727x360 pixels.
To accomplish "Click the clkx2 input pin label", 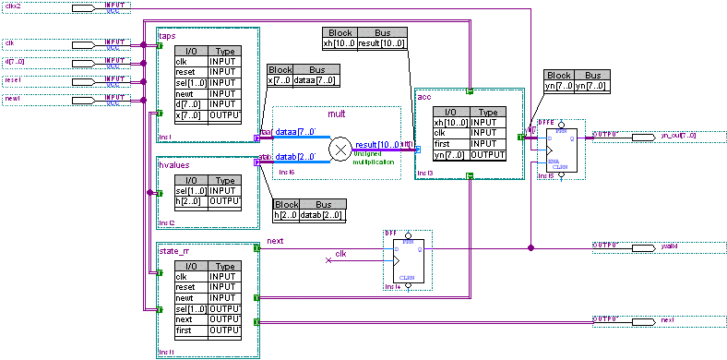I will [x=13, y=6].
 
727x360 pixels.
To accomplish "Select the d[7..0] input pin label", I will [x=17, y=62].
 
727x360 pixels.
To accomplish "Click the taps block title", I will [x=167, y=36].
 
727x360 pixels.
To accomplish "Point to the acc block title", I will [x=424, y=96].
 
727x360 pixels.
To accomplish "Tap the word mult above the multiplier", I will [x=336, y=114].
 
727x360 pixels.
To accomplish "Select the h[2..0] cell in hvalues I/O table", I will [x=190, y=200].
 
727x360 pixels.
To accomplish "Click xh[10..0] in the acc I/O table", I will [x=451, y=122].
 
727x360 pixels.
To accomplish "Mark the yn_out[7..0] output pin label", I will [x=680, y=136].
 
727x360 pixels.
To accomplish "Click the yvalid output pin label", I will [x=669, y=247].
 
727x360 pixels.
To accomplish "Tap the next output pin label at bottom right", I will [x=667, y=319].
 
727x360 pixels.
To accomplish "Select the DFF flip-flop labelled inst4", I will [x=405, y=261].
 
